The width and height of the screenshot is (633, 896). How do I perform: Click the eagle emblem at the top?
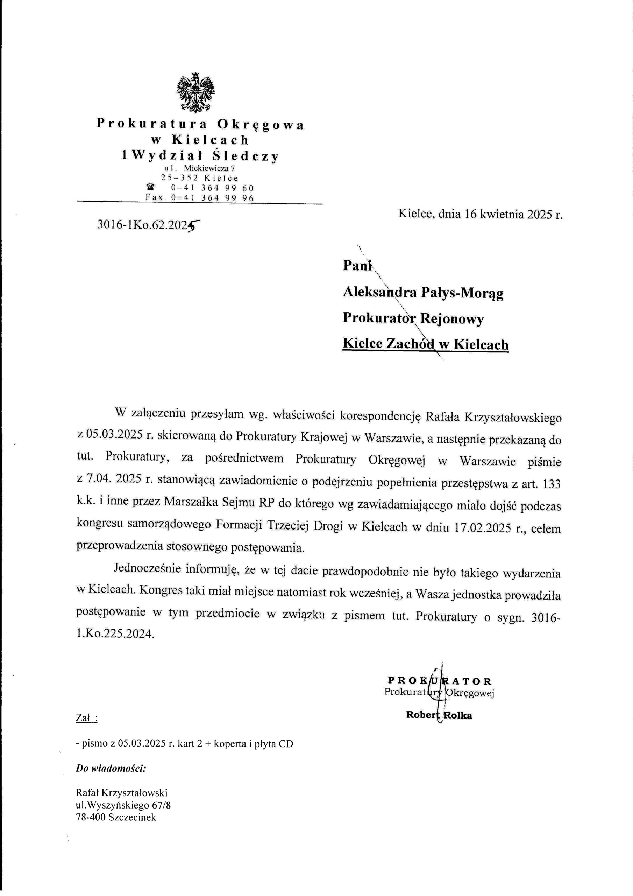[x=195, y=92]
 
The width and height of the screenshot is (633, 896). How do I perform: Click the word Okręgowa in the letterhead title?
[x=260, y=125]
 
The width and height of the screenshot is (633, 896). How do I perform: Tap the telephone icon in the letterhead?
[x=149, y=187]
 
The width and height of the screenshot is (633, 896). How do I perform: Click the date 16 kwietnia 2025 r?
[x=512, y=214]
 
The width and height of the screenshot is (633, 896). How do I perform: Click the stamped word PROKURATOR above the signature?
[x=440, y=681]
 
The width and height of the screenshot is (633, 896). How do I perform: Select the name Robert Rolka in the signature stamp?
[x=439, y=715]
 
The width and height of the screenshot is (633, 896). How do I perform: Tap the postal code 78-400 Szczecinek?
[x=116, y=815]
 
